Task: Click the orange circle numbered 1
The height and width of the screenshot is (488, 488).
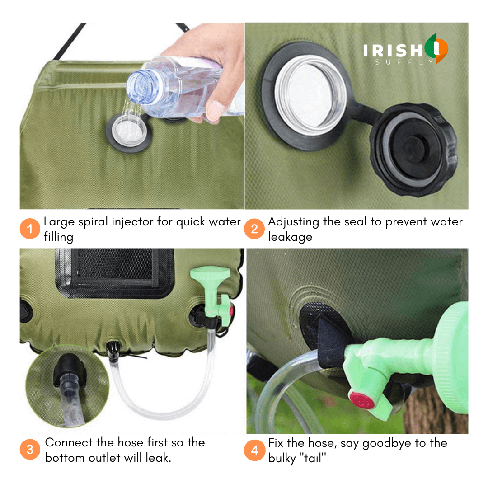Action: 30,229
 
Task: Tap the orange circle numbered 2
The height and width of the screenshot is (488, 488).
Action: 254,229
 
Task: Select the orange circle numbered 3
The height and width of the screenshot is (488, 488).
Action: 30,450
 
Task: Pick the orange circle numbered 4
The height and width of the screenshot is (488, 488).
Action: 254,450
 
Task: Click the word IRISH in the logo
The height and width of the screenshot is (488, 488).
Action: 393,51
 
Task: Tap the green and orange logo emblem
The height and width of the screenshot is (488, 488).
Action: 436,48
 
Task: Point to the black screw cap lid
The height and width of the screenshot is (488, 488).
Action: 414,149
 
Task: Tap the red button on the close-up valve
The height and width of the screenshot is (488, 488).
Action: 361,400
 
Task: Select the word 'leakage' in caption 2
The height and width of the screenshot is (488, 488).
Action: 290,238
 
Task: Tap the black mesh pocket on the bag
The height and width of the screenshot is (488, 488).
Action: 115,272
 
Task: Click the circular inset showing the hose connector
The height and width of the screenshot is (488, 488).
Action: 67,386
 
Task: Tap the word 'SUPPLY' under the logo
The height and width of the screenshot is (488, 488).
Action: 404,62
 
